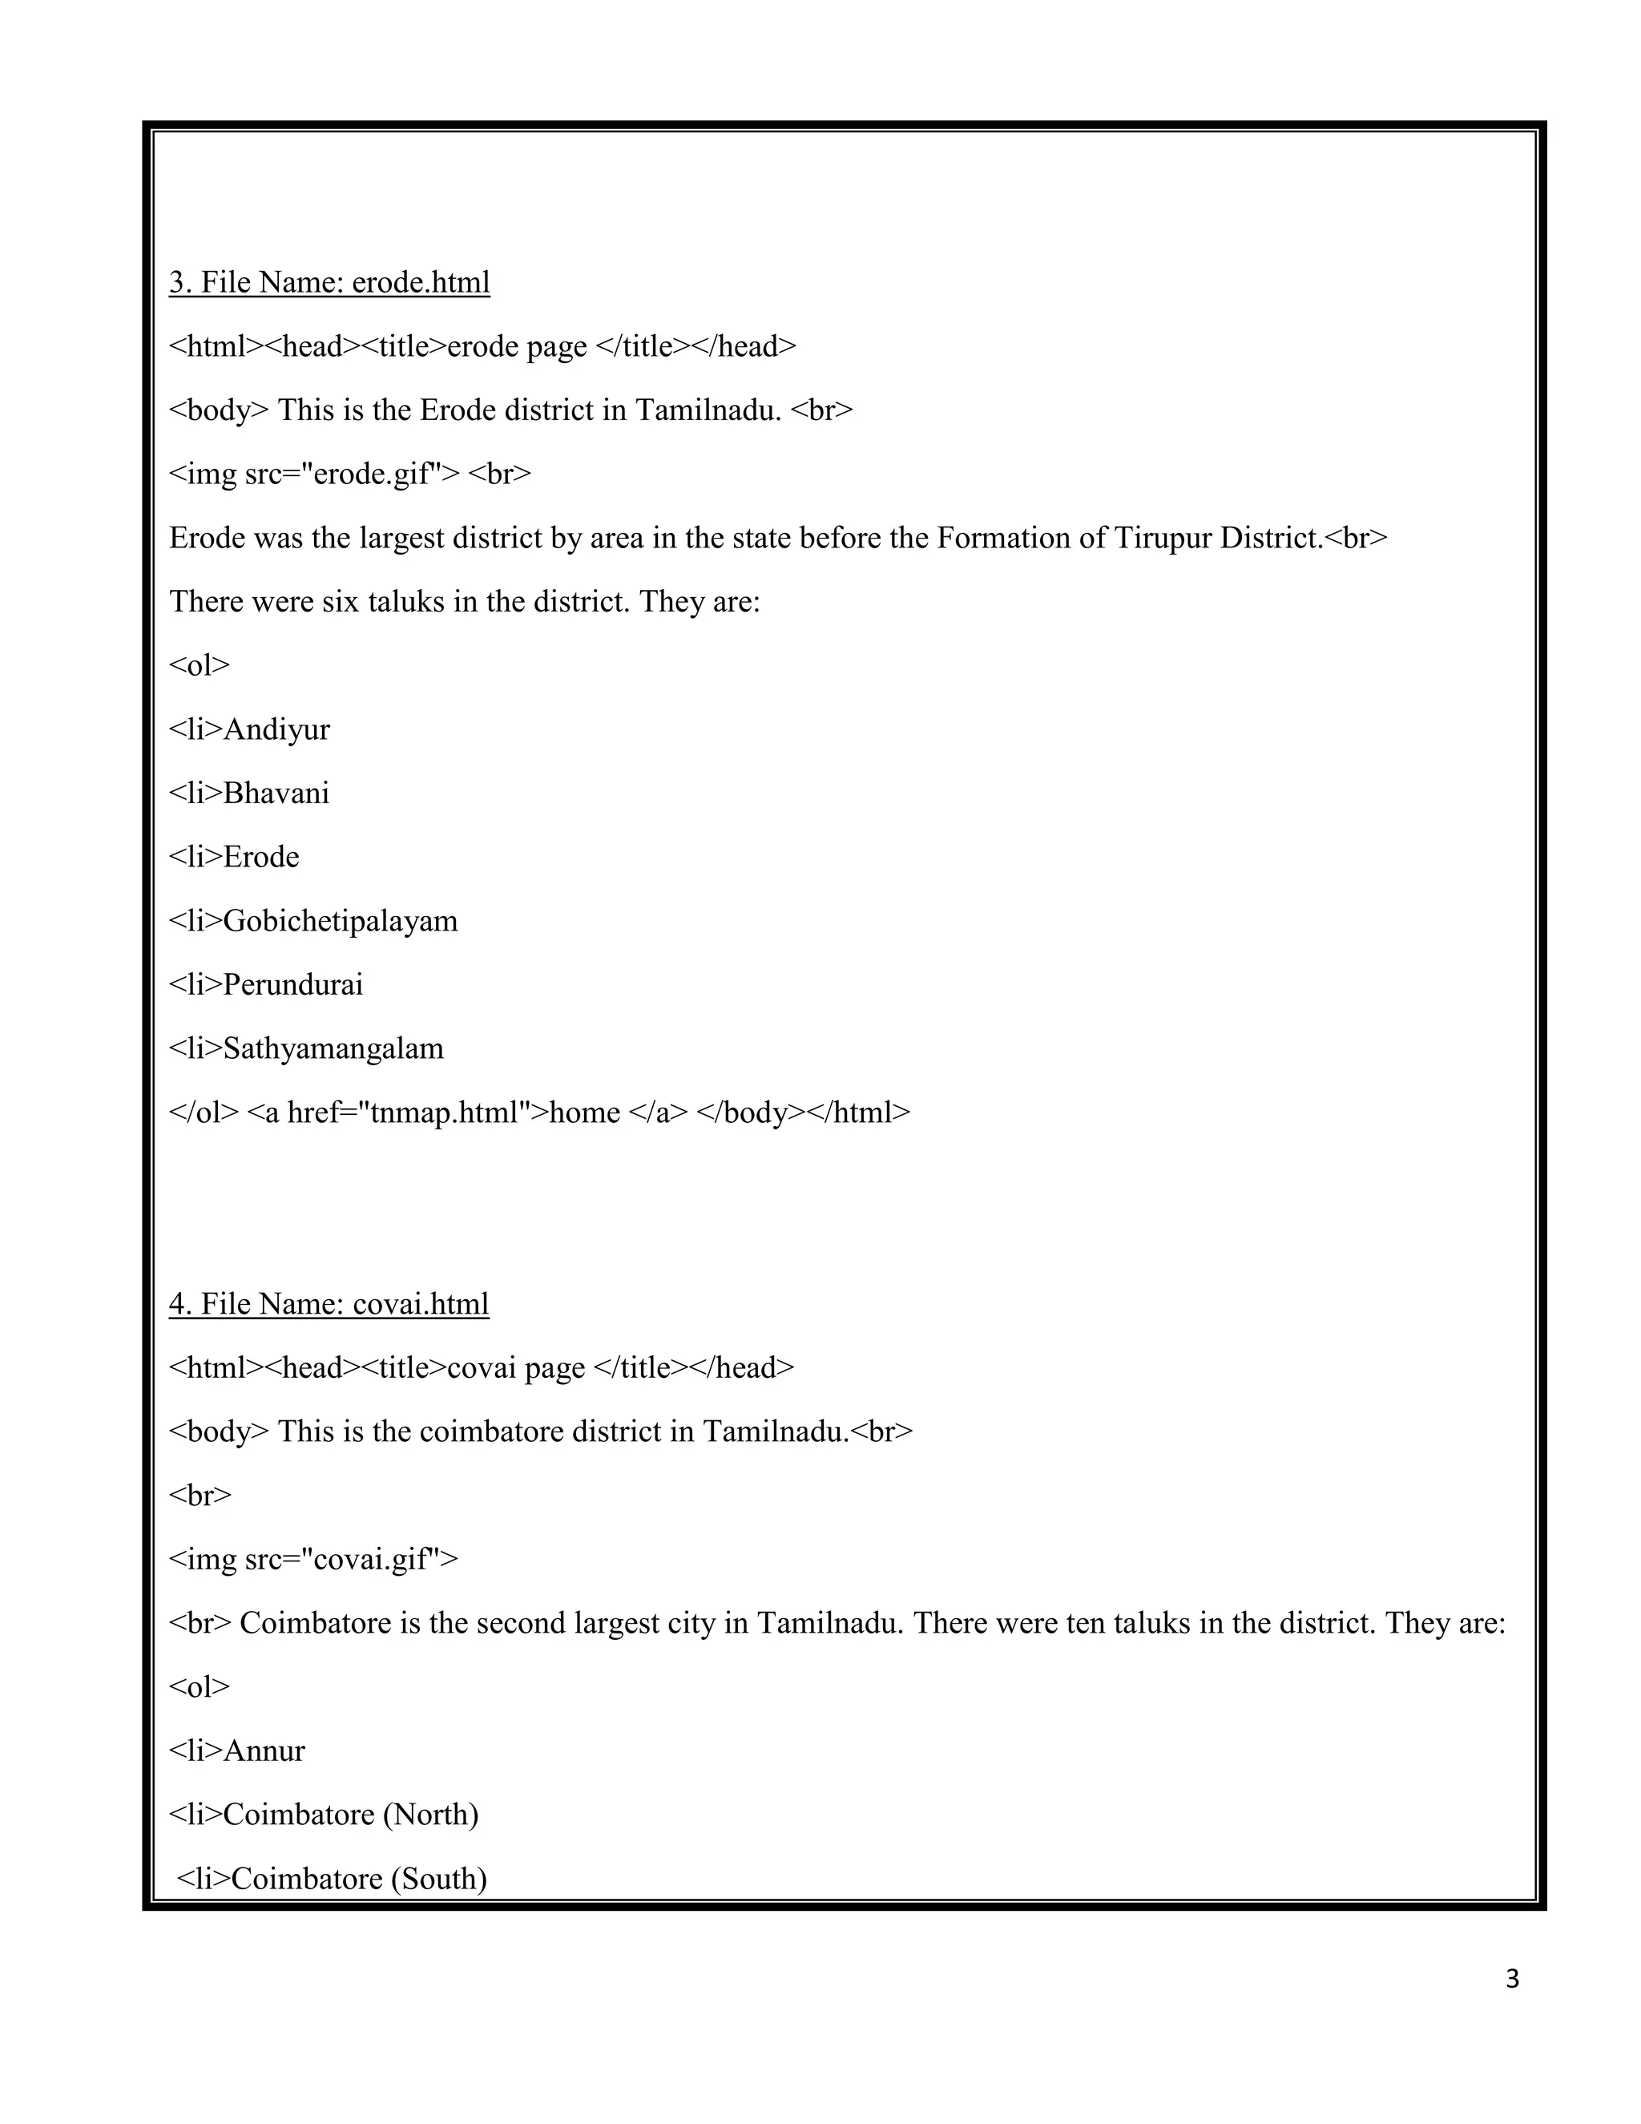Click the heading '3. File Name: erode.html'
[329, 282]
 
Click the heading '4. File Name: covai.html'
[329, 1303]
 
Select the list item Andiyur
[276, 729]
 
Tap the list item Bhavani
[276, 793]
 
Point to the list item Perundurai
[292, 985]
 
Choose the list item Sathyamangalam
[333, 1048]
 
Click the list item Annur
[264, 1750]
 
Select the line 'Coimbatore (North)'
[350, 1815]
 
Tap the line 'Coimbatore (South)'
[357, 1878]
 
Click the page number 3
[1512, 1979]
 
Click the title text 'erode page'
[516, 347]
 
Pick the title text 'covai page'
[515, 1367]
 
